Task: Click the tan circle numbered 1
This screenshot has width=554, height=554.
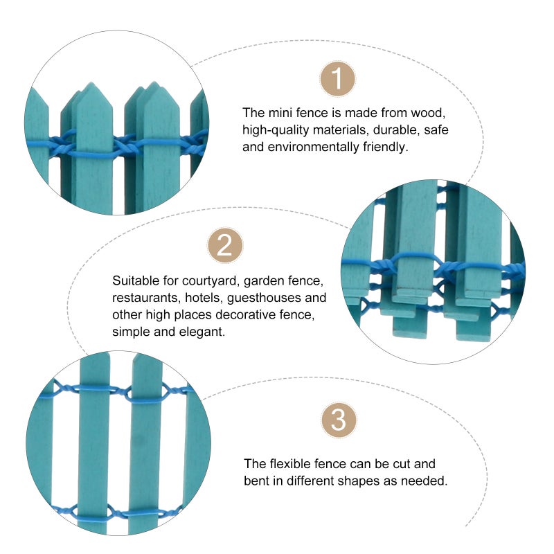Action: tap(337, 79)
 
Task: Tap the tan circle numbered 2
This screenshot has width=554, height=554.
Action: tap(225, 245)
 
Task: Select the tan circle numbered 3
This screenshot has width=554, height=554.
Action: tap(339, 420)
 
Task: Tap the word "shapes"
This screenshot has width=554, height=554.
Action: tap(360, 481)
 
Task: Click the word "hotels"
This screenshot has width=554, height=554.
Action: tap(204, 298)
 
